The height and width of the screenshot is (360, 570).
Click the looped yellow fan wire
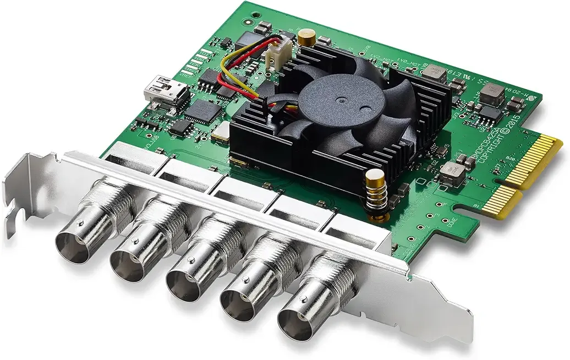pos(231,74)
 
